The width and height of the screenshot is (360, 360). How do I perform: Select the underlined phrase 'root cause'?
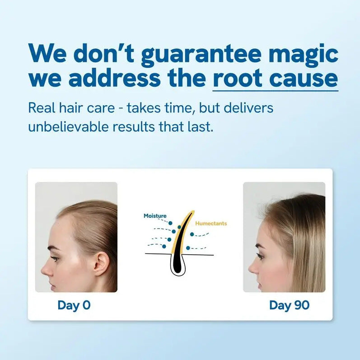click(x=275, y=78)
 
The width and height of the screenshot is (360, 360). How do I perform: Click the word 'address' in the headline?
click(x=115, y=78)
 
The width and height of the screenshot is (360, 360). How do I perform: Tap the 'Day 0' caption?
click(x=74, y=305)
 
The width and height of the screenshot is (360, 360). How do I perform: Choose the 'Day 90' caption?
click(x=289, y=305)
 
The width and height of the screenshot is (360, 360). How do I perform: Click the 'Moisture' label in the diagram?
click(x=155, y=216)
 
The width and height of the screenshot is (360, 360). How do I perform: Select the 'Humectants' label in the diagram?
click(x=211, y=223)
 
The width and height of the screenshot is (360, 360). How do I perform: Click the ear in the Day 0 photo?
click(x=101, y=265)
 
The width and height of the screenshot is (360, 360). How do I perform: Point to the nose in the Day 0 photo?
click(x=44, y=269)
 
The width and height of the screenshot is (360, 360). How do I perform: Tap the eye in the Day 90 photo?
click(x=261, y=256)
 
